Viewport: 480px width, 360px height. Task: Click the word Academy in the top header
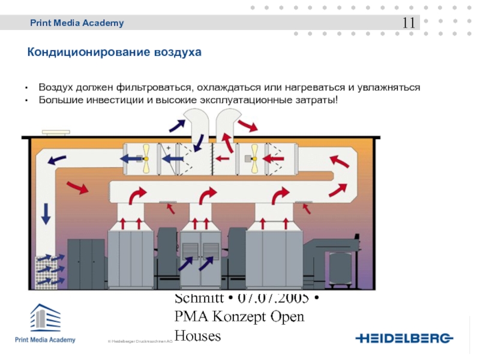pos(104,23)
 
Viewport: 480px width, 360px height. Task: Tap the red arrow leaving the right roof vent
pos(247,125)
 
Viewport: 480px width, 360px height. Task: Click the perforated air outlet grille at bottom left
pos(47,272)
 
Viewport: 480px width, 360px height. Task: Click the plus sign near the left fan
pos(169,147)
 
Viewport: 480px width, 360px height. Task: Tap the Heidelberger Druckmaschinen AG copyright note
pos(140,341)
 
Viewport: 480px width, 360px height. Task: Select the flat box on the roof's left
pos(55,133)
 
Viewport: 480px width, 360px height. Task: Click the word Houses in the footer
pos(197,336)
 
